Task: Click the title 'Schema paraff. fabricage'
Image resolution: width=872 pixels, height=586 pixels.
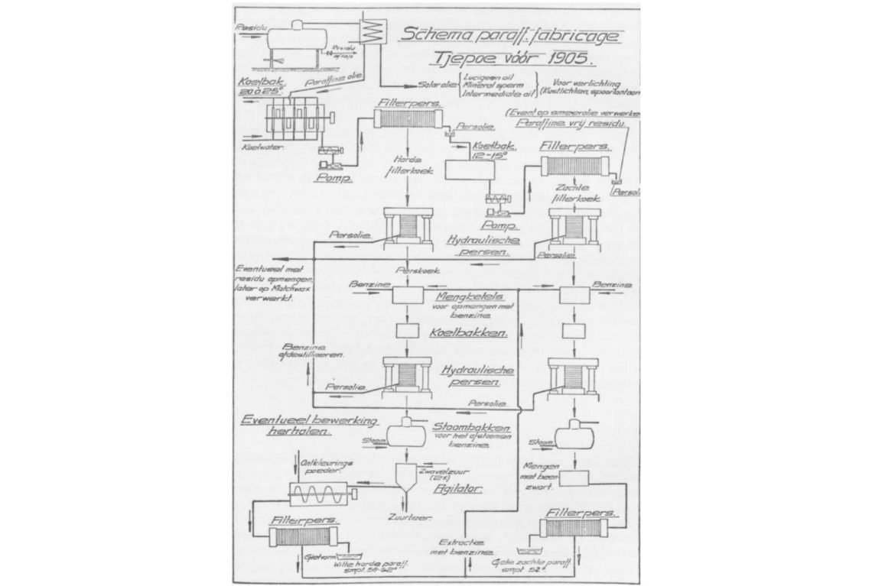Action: (512, 35)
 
